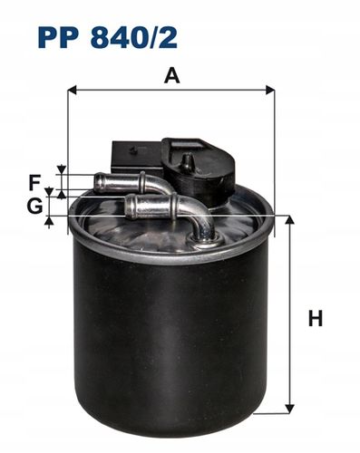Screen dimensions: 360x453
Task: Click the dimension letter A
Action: click(x=172, y=75)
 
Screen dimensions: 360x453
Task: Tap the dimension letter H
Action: click(x=316, y=319)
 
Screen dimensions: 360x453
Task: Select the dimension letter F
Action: click(x=34, y=183)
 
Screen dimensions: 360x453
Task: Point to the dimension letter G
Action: click(x=34, y=207)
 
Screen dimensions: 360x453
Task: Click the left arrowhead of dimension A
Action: click(x=73, y=90)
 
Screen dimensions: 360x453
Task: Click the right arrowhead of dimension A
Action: click(x=270, y=90)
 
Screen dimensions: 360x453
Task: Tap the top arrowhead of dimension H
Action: click(x=289, y=220)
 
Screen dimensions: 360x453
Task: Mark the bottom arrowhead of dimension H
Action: click(x=289, y=409)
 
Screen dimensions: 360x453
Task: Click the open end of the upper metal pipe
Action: click(x=98, y=182)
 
